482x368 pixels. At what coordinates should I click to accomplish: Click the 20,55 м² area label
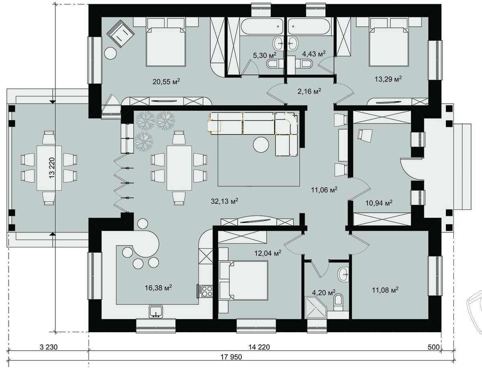click(x=166, y=82)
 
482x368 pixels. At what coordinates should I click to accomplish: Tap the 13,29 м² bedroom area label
click(x=388, y=79)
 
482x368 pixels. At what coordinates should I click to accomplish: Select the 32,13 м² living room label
click(x=225, y=201)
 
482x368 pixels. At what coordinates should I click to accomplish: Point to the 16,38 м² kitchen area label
click(x=158, y=287)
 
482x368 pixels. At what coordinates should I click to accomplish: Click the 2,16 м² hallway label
click(x=309, y=91)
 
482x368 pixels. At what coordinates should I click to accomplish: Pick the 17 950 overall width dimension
click(x=231, y=357)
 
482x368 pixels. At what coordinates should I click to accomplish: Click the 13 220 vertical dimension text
click(x=52, y=168)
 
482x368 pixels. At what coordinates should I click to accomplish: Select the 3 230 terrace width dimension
click(x=49, y=347)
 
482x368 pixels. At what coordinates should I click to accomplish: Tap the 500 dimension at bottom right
click(x=434, y=347)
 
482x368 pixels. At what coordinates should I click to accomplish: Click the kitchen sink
click(x=156, y=312)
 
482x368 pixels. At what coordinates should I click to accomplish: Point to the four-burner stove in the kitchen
click(x=205, y=291)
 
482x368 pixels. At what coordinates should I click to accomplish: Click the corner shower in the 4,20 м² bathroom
click(x=316, y=307)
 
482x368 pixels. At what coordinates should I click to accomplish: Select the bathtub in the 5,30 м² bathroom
click(x=262, y=27)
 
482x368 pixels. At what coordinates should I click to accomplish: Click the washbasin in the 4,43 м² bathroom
click(x=292, y=43)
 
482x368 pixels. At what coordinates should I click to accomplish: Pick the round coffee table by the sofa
click(x=261, y=145)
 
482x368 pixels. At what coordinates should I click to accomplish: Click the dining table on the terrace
click(x=49, y=168)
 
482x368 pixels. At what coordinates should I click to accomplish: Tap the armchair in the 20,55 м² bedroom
click(x=120, y=33)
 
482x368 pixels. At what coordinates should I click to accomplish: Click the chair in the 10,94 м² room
click(x=365, y=134)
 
